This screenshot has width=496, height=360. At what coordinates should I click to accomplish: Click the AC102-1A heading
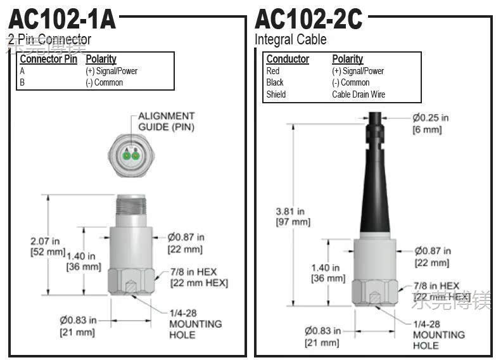[x=62, y=18]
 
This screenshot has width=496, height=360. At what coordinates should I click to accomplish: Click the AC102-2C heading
[x=308, y=18]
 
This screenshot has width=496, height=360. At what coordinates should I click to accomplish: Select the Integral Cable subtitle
[x=291, y=39]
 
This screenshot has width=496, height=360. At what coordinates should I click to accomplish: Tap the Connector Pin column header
[x=48, y=59]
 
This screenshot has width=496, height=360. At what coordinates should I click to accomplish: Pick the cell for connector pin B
[x=23, y=82]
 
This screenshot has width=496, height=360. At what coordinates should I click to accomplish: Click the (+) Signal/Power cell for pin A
[x=111, y=71]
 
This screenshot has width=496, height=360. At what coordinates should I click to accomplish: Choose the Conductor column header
[x=288, y=59]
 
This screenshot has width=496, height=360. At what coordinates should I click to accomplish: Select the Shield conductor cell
[x=276, y=94]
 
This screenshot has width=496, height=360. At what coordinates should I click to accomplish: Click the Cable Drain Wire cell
[x=359, y=94]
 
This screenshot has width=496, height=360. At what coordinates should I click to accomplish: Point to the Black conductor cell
[x=275, y=82]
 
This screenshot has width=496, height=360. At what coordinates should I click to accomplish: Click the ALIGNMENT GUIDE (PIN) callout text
[x=167, y=121]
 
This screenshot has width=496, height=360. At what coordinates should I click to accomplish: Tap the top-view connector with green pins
[x=130, y=154]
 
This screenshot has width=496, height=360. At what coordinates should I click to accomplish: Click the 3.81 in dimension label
[x=291, y=217]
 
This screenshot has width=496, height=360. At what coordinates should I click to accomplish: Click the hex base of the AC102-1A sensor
[x=131, y=280]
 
